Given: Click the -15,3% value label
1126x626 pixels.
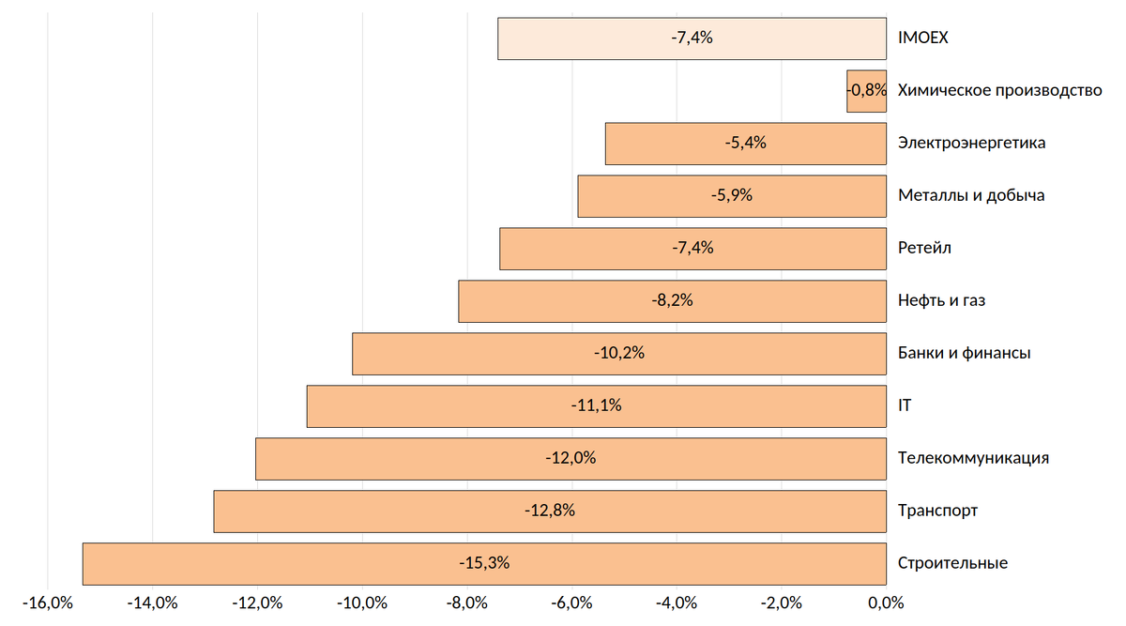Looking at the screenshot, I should point(484,563).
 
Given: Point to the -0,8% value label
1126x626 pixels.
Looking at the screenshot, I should point(867,91).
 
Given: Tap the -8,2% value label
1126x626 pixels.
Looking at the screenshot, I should point(672,301).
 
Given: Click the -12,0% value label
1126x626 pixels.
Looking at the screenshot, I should point(571,459).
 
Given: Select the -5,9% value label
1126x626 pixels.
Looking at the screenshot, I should point(732,196).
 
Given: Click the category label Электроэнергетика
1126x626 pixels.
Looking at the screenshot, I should point(971,144).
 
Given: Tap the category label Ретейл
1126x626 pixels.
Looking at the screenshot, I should point(924,249).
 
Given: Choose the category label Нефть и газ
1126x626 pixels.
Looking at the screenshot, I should point(941,301).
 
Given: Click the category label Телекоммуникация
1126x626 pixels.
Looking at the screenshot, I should point(973,459).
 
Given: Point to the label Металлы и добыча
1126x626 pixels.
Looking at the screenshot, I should point(971,196).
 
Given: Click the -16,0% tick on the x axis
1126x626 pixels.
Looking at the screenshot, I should point(47,603).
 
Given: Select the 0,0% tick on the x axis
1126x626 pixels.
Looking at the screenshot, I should point(885,603).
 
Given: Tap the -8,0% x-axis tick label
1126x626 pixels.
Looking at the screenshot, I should point(466,603).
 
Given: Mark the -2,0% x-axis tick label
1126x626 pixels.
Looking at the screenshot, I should point(781,603).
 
